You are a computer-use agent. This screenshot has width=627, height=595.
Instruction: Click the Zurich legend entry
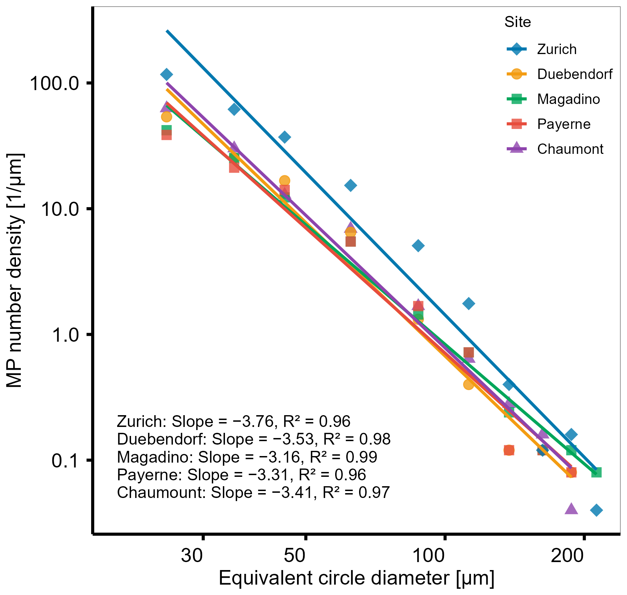[542, 49]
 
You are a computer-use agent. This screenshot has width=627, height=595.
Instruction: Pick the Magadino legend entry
[553, 99]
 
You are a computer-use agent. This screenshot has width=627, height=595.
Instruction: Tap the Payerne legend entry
[548, 124]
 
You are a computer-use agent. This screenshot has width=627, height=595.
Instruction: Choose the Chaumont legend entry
[555, 149]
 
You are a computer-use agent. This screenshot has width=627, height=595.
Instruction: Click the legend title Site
[517, 22]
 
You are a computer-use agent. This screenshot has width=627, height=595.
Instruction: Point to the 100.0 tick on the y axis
[58, 84]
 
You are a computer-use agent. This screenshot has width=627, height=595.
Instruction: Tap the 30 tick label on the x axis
[192, 555]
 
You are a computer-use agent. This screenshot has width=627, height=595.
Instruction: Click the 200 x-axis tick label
[567, 555]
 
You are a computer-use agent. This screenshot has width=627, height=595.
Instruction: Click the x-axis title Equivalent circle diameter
[357, 578]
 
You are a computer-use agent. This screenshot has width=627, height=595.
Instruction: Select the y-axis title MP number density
[15, 271]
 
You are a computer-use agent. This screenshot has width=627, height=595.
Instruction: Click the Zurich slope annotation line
[234, 421]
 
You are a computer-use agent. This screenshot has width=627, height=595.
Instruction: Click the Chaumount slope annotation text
[253, 492]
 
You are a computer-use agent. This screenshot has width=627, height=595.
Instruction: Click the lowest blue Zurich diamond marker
[596, 510]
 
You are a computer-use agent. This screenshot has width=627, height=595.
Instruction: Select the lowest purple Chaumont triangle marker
[572, 509]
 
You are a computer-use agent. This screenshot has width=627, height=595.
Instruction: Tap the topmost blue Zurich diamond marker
[167, 74]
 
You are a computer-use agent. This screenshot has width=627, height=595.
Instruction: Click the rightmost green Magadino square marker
[596, 472]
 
